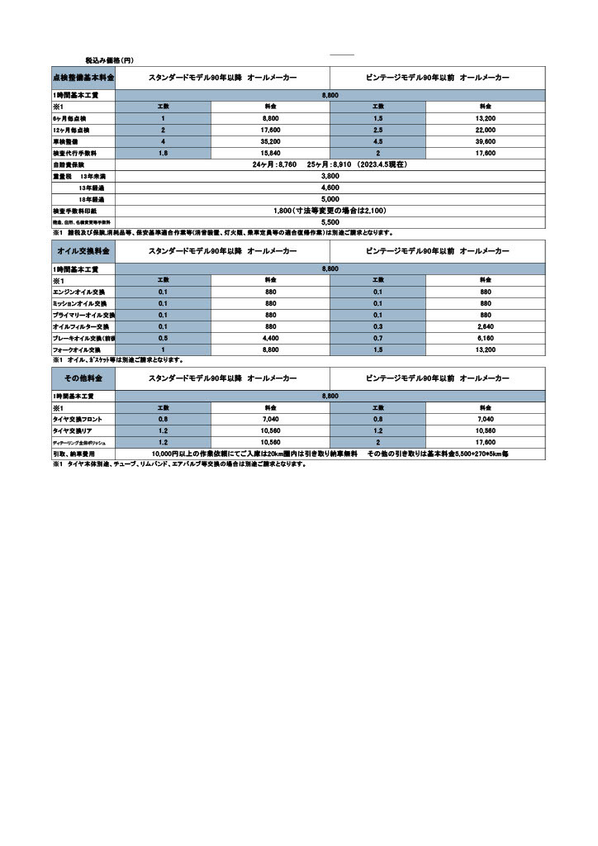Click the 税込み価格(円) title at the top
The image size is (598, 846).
click(x=109, y=60)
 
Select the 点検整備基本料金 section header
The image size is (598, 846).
click(x=83, y=77)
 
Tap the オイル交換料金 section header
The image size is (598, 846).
click(x=83, y=250)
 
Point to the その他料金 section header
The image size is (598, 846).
click(x=83, y=378)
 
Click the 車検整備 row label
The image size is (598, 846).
click(x=65, y=142)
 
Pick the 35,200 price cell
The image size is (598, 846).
click(x=270, y=142)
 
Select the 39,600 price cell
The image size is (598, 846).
click(x=485, y=142)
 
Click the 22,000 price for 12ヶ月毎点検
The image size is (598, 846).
click(x=485, y=131)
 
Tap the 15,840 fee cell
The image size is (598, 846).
click(x=270, y=154)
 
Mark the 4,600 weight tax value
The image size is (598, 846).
click(x=330, y=188)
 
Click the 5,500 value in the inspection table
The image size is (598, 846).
click(x=330, y=222)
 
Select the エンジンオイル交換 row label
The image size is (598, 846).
click(x=80, y=292)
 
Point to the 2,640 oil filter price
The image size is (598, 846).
click(x=485, y=327)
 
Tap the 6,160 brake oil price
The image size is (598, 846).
click(x=485, y=339)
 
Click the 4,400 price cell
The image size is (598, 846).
click(x=270, y=339)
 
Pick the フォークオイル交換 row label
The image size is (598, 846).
click(x=77, y=350)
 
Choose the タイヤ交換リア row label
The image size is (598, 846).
click(x=75, y=431)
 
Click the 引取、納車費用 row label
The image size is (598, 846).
click(x=74, y=454)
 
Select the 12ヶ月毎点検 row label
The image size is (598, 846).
click(x=71, y=131)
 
